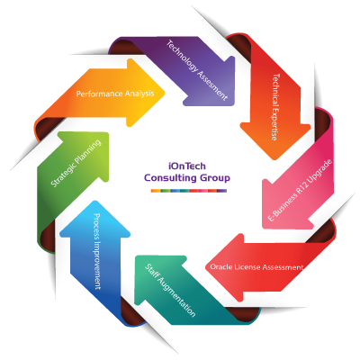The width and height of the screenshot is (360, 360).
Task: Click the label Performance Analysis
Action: click(115, 94)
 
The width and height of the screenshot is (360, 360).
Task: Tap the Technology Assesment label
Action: click(196, 70)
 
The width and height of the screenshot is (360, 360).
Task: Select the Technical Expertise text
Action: click(275, 107)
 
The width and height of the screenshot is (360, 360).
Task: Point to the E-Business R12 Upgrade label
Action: click(300, 190)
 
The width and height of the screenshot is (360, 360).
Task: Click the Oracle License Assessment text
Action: click(256, 266)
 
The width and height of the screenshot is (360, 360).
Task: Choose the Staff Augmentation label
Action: click(170, 290)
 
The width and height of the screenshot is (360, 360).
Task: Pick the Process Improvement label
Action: click(97, 251)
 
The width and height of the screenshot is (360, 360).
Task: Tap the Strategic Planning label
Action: click(76, 164)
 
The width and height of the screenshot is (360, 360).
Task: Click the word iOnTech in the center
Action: click(187, 166)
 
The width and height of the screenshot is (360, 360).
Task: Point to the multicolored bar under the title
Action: click(189, 191)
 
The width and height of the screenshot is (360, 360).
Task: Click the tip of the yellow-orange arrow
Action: click(165, 93)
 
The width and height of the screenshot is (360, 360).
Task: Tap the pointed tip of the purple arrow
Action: click(234, 104)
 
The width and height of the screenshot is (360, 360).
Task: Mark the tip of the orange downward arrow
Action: click(274, 159)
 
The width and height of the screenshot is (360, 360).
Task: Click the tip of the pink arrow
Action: click(263, 228)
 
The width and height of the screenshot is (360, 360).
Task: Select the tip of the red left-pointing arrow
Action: click(206, 267)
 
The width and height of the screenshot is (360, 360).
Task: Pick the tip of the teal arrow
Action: click(136, 256)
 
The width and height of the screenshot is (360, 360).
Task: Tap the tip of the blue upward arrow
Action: click(95, 201)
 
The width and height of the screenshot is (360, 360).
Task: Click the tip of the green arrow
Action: click(108, 133)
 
